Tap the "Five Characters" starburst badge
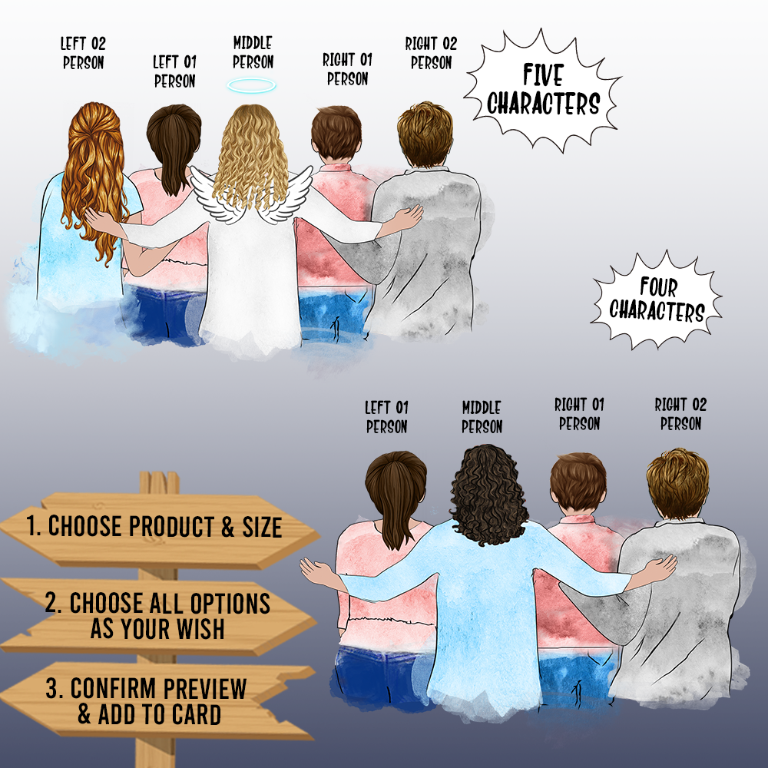[x=543, y=91]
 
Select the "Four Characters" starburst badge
[x=657, y=300]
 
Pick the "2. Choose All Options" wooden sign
[x=157, y=616]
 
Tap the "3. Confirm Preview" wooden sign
[x=157, y=700]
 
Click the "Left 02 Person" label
[x=83, y=53]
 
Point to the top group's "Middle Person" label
[x=253, y=52]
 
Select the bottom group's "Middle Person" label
[x=482, y=417]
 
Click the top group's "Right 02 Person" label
[x=431, y=53]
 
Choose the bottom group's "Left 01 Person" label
[x=386, y=417]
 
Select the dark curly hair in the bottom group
[x=488, y=495]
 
